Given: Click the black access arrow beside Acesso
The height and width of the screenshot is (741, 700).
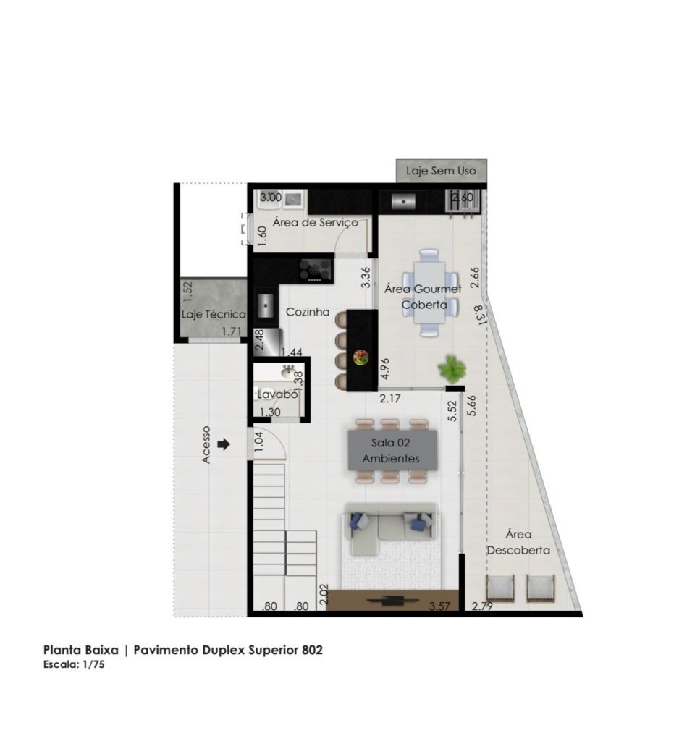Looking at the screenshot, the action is pos(224,444).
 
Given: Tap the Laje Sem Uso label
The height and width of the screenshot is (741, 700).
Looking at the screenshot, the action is pos(441,171).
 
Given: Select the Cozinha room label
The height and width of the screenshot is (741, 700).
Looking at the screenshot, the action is pos(308,312).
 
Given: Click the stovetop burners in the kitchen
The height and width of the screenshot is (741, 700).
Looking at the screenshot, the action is pos(316,271).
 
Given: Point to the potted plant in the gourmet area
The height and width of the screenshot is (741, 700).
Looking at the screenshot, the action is pos(452,368).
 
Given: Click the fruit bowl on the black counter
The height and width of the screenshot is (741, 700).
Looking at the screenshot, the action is pos(361,357).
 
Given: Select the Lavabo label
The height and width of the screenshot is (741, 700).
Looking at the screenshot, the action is pos(277,394).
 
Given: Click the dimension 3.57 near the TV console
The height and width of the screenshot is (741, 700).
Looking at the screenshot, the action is pos(439,606).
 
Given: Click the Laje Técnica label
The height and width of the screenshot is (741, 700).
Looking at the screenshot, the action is pos(214,314).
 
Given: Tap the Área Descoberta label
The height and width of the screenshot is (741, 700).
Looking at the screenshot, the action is pos(518,543).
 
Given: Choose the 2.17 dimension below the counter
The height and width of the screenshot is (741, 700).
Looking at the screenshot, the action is pos(390,399).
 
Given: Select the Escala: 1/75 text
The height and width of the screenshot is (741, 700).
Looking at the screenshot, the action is pos(74,664).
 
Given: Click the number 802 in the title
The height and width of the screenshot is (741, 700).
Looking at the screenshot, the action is pos(313,650).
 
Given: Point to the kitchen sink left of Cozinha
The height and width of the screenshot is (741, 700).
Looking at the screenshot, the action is pos(266,306).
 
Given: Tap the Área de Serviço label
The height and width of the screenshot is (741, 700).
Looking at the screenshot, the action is pos(316,223).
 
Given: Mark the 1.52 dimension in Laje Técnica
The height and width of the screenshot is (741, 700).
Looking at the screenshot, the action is pos(187,292).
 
